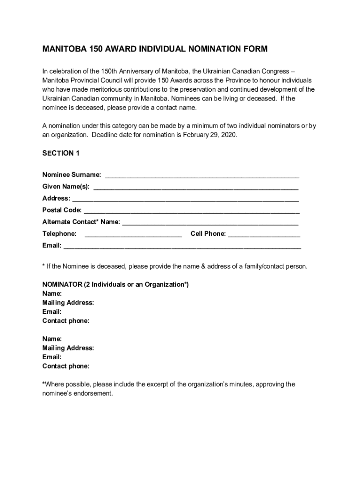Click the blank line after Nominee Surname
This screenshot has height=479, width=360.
click(202, 176)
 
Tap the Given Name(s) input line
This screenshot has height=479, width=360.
click(196, 188)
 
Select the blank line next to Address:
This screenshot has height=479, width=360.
click(185, 200)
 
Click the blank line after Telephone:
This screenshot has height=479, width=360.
click(133, 235)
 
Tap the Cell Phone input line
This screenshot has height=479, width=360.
click(264, 235)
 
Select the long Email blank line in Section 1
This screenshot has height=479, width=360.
click(182, 247)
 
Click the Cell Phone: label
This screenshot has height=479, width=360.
click(208, 233)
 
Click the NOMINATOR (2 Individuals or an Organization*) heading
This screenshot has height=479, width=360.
click(115, 284)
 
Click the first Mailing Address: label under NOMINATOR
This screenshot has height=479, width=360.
click(68, 303)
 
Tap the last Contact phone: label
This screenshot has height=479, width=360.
click(66, 366)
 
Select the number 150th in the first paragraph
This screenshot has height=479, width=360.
click(110, 72)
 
